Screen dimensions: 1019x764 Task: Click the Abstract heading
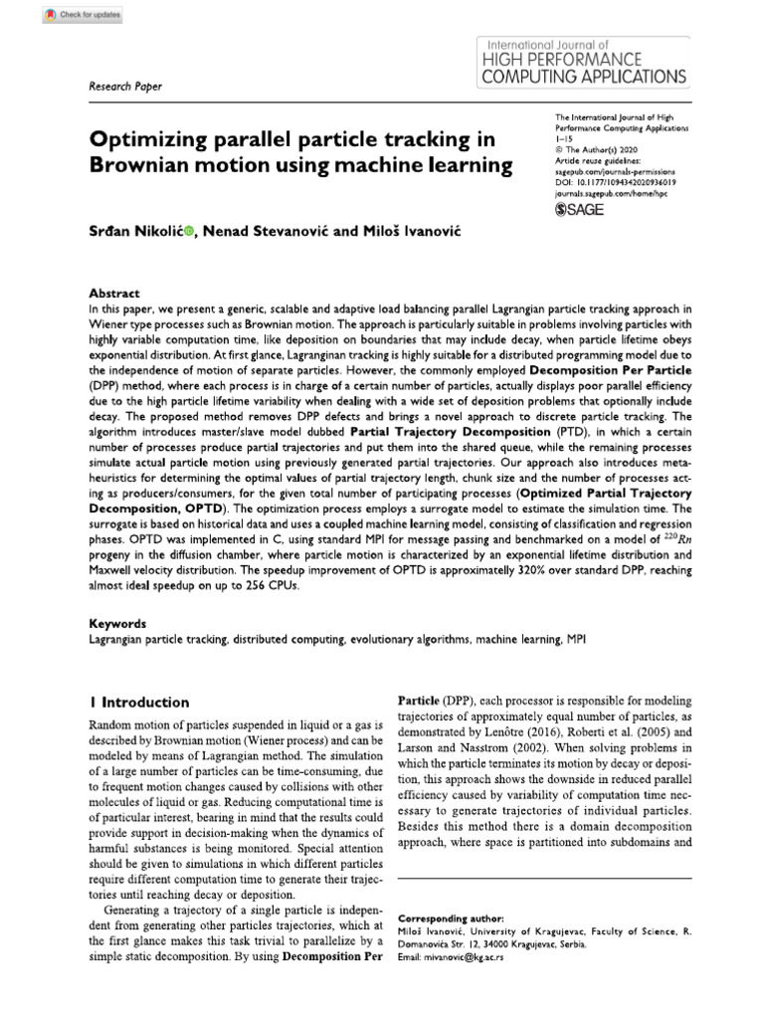click(x=115, y=294)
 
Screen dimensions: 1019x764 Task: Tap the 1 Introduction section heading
click(x=138, y=702)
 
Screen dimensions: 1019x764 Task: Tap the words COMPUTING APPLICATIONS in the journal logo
click(x=582, y=76)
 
